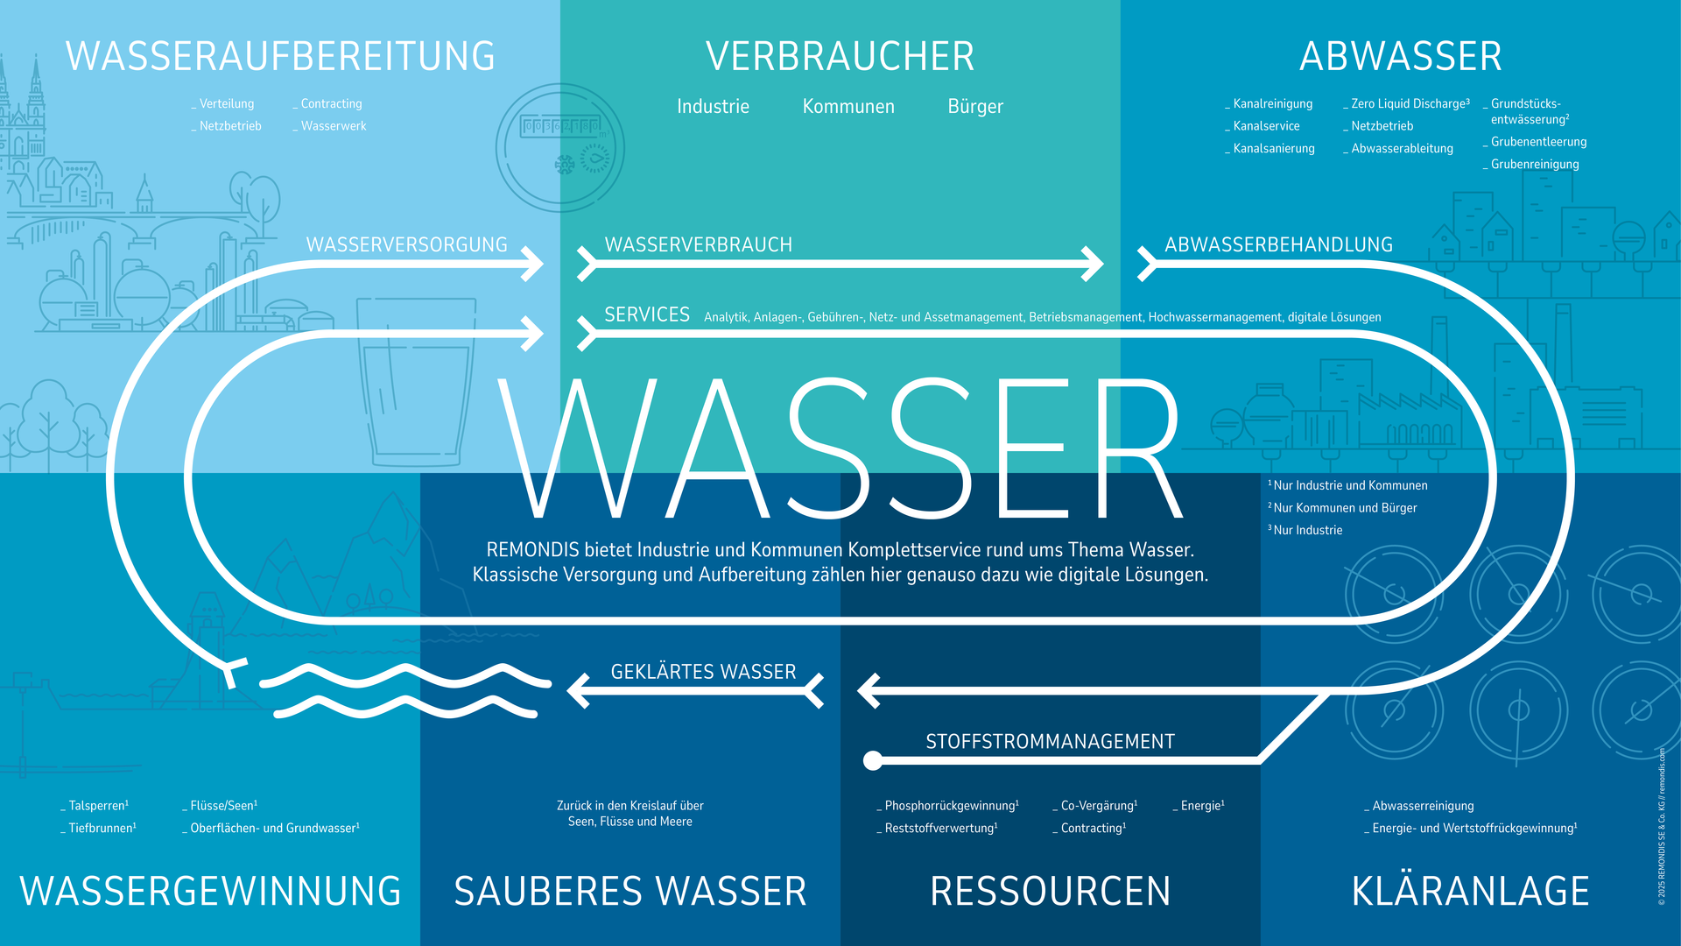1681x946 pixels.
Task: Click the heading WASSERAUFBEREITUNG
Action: pos(280,57)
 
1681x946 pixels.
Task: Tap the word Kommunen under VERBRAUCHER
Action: pos(848,107)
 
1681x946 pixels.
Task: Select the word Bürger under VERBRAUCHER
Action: pos(975,107)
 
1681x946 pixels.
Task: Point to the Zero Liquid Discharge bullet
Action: pos(1409,103)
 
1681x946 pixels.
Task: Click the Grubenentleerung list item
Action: pos(1538,142)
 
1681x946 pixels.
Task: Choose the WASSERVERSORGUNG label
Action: pos(406,245)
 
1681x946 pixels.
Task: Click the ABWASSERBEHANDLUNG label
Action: pos(1278,245)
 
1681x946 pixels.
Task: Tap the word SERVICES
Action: pos(647,315)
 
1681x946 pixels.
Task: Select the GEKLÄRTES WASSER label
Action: pos(703,672)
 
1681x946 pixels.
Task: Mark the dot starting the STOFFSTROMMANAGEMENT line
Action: pos(873,760)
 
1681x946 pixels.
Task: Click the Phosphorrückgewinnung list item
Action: pos(951,806)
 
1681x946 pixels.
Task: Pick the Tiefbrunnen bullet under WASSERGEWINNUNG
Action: pos(102,828)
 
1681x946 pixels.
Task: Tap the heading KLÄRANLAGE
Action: pos(1470,892)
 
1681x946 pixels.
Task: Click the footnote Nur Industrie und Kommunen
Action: pos(1349,485)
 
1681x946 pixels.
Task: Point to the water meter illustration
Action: pos(560,148)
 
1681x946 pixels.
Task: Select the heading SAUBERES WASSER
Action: pos(630,892)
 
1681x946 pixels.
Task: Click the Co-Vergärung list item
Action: pos(1098,806)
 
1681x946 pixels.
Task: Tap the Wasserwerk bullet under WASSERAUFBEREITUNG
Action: pos(333,126)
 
